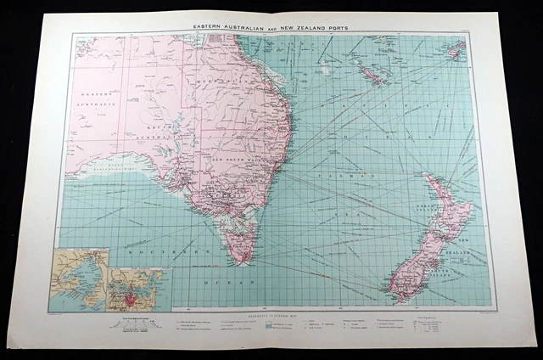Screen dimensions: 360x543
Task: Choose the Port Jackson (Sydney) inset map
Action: (138, 289)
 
